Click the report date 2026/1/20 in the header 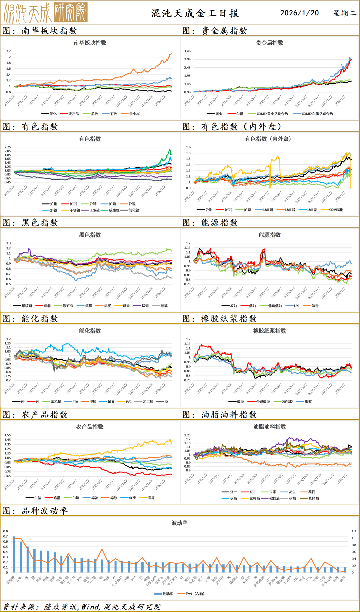coord(299,13)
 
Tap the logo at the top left coord(46,13)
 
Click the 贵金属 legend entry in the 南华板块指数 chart coord(134,114)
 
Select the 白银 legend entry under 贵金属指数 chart coord(239,114)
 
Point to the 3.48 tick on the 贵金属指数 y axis coord(187,51)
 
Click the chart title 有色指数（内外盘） coord(269,139)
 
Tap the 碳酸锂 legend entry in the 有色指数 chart coord(114,210)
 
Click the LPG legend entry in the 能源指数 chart coord(296,305)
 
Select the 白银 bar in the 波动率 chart coord(21,557)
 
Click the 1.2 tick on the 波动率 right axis coord(354,531)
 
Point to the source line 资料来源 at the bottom coord(82,607)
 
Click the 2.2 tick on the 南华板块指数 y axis coord(8,51)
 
